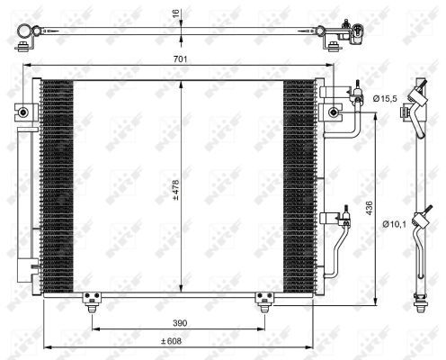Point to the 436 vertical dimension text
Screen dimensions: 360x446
[367, 207]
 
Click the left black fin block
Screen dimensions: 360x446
[57, 184]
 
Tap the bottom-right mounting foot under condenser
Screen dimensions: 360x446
[263, 299]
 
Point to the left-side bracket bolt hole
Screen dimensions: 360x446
[18, 112]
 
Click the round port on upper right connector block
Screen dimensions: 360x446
[334, 112]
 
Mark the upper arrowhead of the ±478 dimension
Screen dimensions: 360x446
[183, 81]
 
